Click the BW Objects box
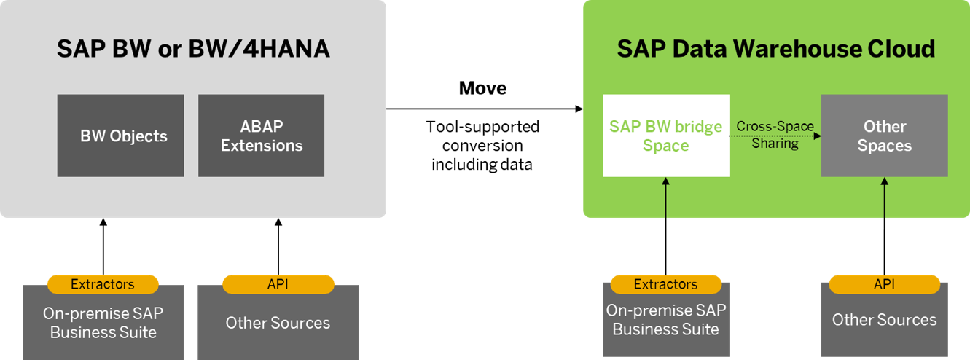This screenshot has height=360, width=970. pyautogui.click(x=120, y=136)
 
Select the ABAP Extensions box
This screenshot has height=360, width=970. pyautogui.click(x=261, y=136)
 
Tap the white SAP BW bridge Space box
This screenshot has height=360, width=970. pyautogui.click(x=665, y=136)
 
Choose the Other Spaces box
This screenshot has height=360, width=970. pyautogui.click(x=884, y=136)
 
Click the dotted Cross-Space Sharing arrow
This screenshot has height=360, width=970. pyautogui.click(x=775, y=136)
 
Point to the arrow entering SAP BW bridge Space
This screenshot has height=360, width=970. pyautogui.click(x=666, y=197)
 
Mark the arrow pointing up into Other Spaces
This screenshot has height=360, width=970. pyautogui.click(x=885, y=197)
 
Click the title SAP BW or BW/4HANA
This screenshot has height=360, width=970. pyautogui.click(x=193, y=49)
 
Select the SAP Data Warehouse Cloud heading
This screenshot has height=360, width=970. pyautogui.click(x=775, y=49)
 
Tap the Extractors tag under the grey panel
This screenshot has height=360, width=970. pyautogui.click(x=103, y=284)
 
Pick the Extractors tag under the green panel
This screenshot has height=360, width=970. pyautogui.click(x=665, y=284)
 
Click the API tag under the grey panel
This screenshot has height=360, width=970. pyautogui.click(x=278, y=284)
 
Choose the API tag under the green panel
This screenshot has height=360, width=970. pyautogui.click(x=884, y=284)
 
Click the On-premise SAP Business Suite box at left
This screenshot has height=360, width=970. pyautogui.click(x=103, y=324)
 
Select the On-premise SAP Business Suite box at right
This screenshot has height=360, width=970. pyautogui.click(x=665, y=321)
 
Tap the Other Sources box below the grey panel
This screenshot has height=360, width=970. pyautogui.click(x=278, y=324)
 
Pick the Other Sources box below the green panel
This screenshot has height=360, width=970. pyautogui.click(x=884, y=321)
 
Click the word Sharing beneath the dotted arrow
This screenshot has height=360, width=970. pyautogui.click(x=775, y=144)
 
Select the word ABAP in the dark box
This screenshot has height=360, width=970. pyautogui.click(x=261, y=127)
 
